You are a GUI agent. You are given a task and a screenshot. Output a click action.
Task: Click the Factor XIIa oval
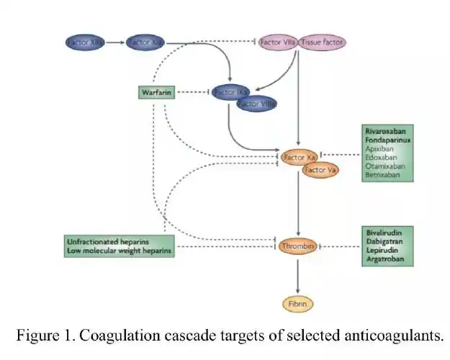coord(84,42)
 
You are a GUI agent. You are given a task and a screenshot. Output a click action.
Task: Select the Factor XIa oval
coord(146,42)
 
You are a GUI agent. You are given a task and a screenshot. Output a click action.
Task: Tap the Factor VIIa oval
coord(277,42)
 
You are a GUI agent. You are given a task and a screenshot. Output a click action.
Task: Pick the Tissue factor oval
coord(323,42)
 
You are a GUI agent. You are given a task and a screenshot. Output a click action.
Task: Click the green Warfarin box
coord(156,92)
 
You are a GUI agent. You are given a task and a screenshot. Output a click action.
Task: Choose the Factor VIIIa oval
coord(257,104)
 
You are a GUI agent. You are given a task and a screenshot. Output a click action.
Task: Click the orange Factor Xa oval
coord(300,156)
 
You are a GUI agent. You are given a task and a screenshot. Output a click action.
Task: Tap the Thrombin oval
coord(298,246)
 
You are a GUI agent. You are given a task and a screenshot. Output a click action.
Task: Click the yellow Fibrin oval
coord(298,304)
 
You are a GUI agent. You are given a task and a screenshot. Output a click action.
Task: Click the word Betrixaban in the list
coord(382,175)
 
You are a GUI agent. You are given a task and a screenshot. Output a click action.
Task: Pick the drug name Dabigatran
coord(384,242)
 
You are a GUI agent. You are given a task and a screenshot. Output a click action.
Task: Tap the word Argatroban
coord(384,258)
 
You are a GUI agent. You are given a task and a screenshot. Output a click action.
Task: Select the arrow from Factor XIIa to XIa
coord(115,42)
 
